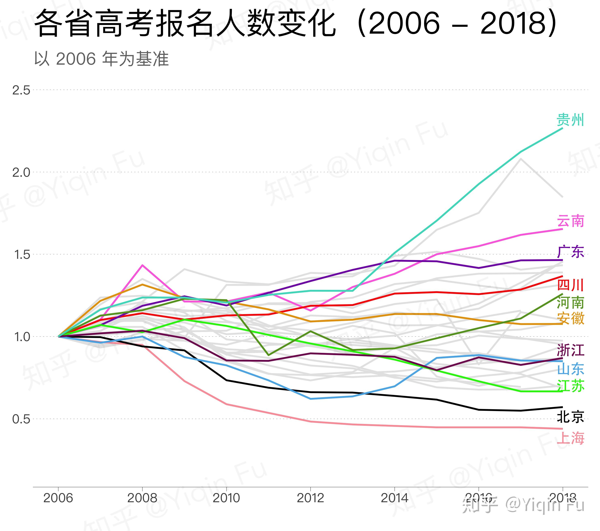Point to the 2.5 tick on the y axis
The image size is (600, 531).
[x=21, y=90]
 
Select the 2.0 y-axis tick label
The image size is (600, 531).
[x=21, y=172]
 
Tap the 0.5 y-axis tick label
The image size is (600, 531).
[x=21, y=419]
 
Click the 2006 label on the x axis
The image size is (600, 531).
[x=58, y=498]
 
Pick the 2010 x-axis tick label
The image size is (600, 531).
[x=226, y=498]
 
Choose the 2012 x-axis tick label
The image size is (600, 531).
[x=310, y=498]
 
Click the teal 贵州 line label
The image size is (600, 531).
[x=570, y=120]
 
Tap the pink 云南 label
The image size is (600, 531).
[x=570, y=221]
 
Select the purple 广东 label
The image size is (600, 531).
[x=570, y=252]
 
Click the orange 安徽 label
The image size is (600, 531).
[x=570, y=318]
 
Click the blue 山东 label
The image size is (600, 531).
[x=570, y=369]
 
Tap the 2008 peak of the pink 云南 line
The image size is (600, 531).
[x=142, y=265]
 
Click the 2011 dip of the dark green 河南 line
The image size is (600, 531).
[x=268, y=355]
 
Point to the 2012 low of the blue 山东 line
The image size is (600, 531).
[x=311, y=399]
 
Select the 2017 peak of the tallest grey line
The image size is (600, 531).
[x=521, y=159]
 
